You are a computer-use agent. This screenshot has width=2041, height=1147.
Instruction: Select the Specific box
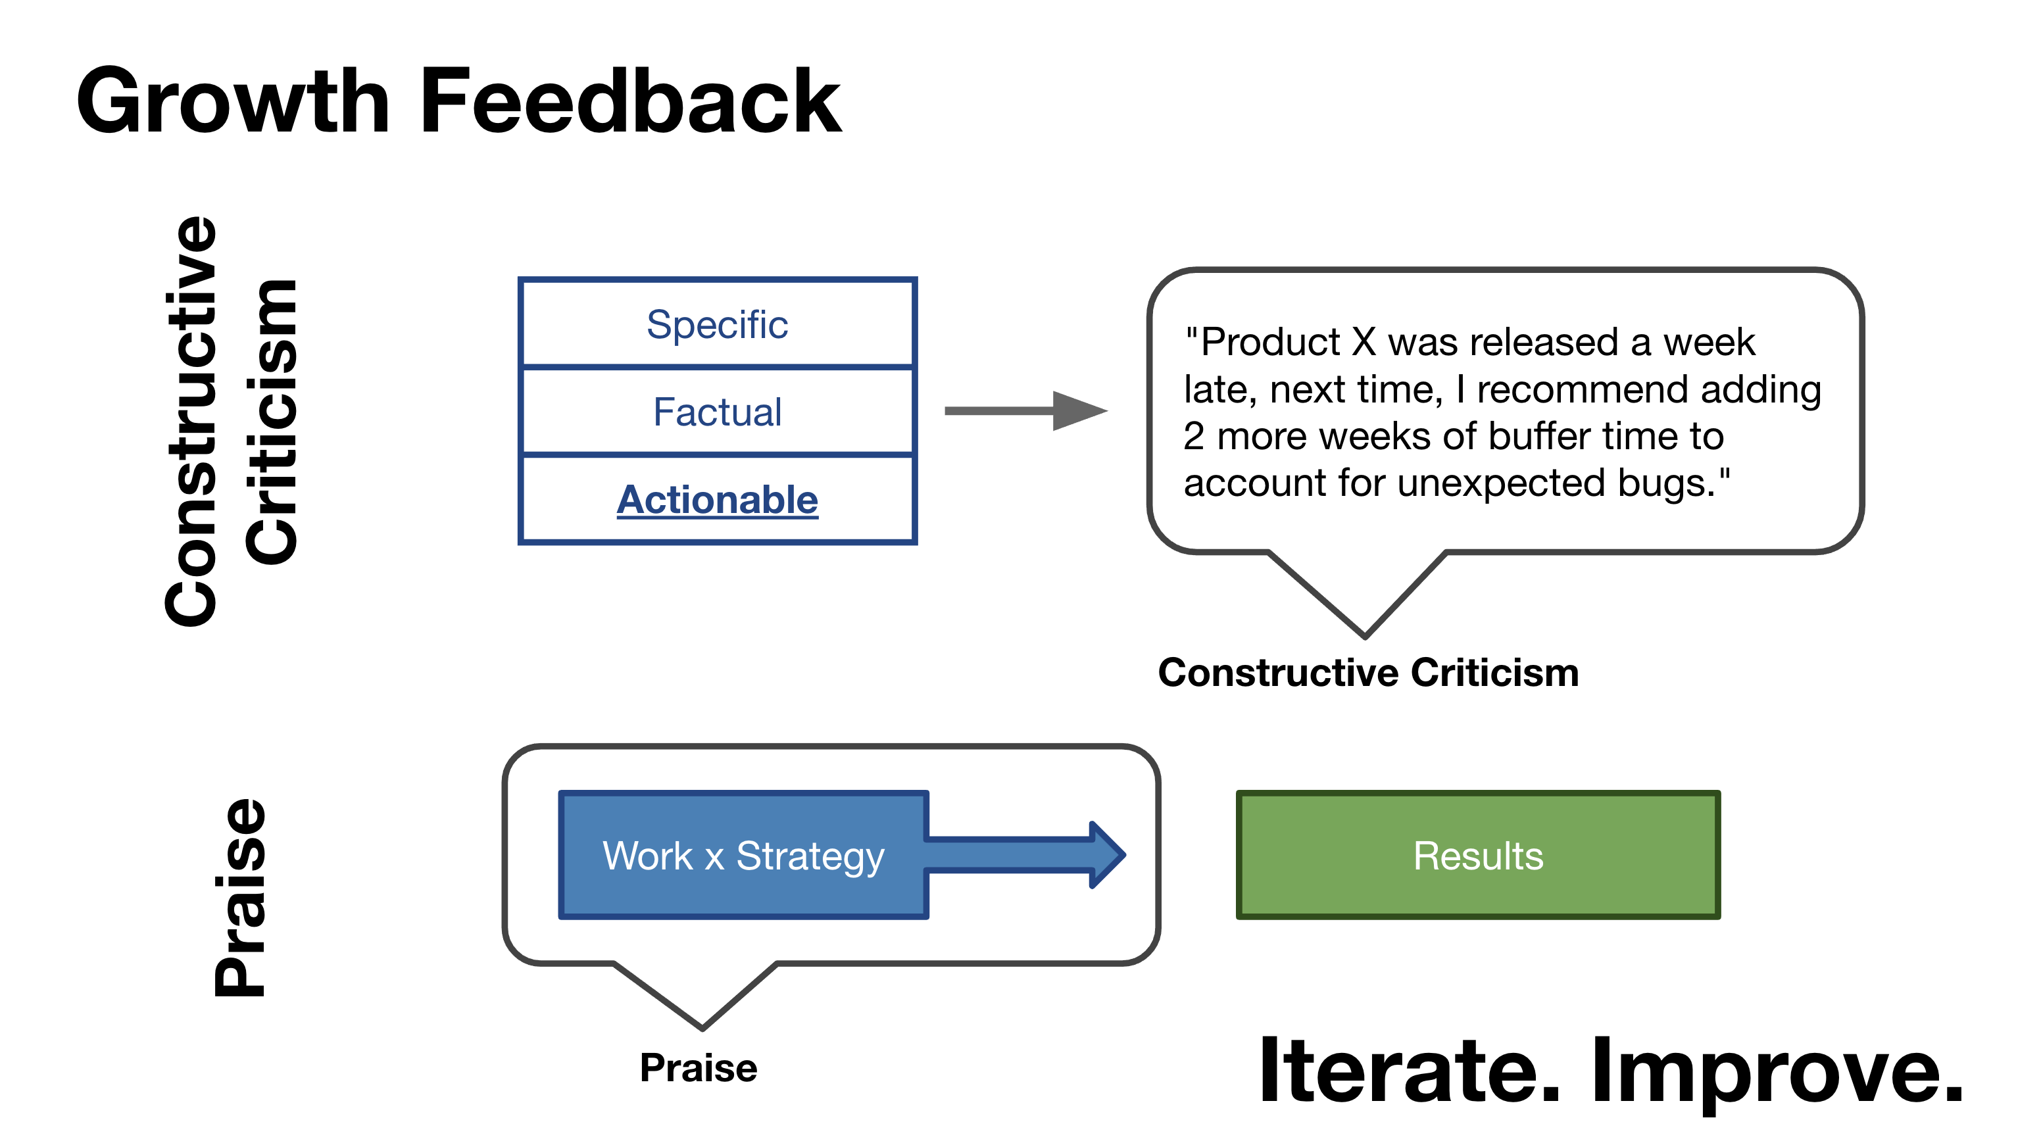click(x=717, y=324)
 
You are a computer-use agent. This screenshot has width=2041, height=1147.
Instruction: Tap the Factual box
click(x=717, y=412)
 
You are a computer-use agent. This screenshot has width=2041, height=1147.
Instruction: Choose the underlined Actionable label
click(x=717, y=500)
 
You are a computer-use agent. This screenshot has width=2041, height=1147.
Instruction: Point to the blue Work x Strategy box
click(x=743, y=856)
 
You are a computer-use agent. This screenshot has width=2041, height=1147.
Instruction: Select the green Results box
click(x=1478, y=856)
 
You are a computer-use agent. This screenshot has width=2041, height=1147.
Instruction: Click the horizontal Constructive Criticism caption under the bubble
click(x=1368, y=673)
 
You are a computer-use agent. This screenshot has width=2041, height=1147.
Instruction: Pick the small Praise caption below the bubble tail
click(x=698, y=1068)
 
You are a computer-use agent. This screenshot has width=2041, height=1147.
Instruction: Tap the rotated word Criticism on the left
click(x=271, y=422)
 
